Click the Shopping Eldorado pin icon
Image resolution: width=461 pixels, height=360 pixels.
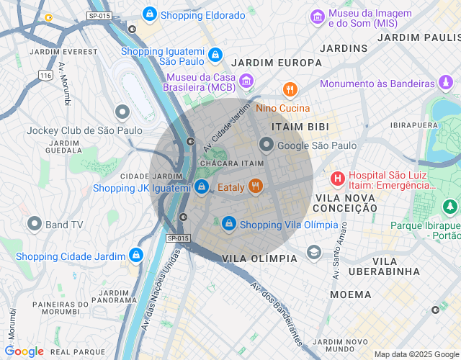click(149, 14)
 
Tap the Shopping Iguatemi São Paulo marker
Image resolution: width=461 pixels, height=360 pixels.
click(214, 55)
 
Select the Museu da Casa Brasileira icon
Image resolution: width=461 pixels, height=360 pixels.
click(247, 80)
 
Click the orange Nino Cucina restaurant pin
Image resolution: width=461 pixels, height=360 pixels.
click(290, 90)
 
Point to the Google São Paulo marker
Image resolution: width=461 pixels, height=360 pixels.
click(267, 145)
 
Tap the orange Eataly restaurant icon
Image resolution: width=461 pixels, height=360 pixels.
click(255, 187)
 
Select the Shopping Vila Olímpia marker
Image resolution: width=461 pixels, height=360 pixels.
click(229, 224)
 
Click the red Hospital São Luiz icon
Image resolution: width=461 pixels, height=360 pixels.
click(337, 178)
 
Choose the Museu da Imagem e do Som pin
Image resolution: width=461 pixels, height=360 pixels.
click(317, 16)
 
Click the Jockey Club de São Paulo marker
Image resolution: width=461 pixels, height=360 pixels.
click(122, 112)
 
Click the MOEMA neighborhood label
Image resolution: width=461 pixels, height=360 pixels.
click(350, 294)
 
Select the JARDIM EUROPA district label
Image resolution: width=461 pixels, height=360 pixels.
click(277, 63)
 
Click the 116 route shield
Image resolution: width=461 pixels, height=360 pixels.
click(47, 75)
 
